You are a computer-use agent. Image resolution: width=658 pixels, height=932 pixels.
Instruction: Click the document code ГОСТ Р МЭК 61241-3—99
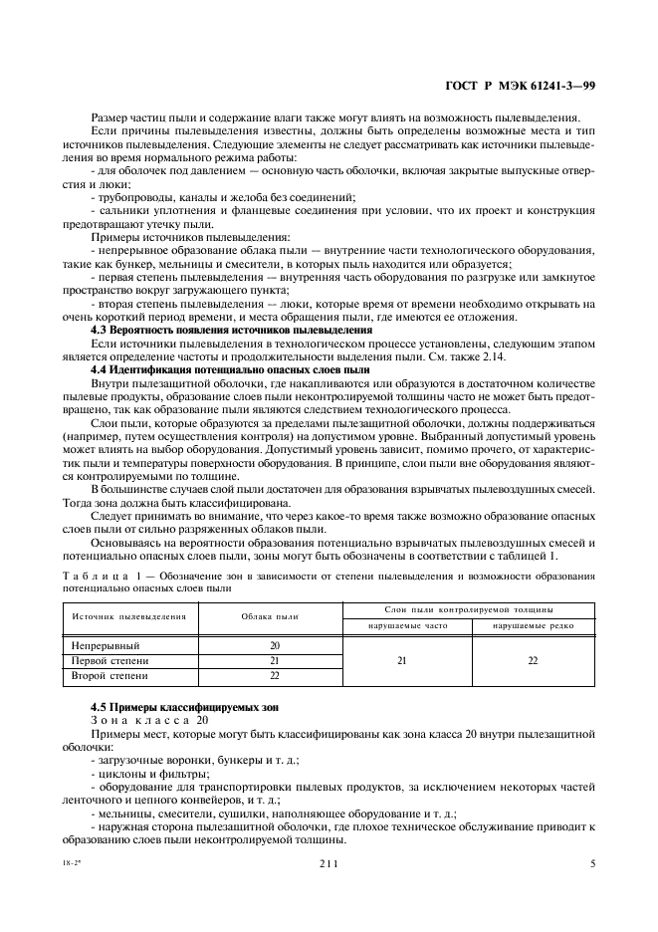pyautogui.click(x=521, y=87)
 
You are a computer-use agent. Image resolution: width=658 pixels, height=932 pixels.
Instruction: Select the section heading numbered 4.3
pyautogui.click(x=231, y=329)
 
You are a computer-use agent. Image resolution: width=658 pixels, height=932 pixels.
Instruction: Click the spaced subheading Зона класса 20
pyautogui.click(x=149, y=719)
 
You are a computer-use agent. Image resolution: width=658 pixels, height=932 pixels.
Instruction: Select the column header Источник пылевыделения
pyautogui.click(x=128, y=616)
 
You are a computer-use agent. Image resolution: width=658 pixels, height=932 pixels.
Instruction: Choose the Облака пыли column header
pyautogui.click(x=274, y=616)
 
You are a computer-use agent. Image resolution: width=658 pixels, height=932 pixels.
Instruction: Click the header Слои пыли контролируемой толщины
pyautogui.click(x=469, y=607)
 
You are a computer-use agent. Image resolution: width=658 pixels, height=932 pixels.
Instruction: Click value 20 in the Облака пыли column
pyautogui.click(x=274, y=646)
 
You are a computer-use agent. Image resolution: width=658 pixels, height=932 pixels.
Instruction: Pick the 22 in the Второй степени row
pyautogui.click(x=274, y=675)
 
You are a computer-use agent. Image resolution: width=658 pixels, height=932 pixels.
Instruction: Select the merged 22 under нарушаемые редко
pyautogui.click(x=532, y=660)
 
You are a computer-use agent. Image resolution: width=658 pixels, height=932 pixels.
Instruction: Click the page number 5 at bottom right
pyautogui.click(x=592, y=864)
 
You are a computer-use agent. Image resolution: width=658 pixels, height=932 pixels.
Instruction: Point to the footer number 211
pyautogui.click(x=329, y=864)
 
